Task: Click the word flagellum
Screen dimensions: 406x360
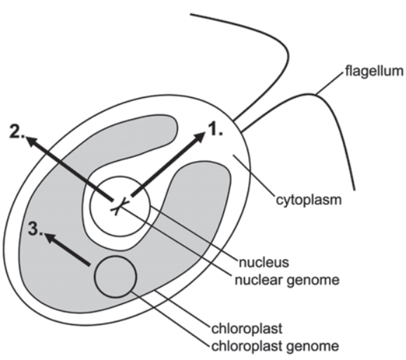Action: coord(374,71)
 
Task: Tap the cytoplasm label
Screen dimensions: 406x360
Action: coord(309,200)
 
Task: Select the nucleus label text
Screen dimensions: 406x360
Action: coord(264,262)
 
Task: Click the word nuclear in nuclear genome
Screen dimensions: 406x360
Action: coord(259,279)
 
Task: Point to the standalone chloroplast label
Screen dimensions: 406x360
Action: coord(247,328)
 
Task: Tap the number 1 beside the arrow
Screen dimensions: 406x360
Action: coord(215,129)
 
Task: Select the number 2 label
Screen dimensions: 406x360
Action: coord(18,132)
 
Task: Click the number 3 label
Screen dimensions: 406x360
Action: coord(36,229)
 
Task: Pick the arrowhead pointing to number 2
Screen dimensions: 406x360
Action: coord(33,141)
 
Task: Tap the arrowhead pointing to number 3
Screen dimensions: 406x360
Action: coord(51,237)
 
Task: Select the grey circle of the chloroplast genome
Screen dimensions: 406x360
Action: coord(116,277)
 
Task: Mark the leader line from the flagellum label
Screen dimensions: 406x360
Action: coord(330,83)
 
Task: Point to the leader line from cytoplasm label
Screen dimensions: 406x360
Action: coord(255,176)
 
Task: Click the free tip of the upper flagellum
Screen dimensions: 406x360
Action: coord(191,14)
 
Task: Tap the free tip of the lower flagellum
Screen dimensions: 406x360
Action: coord(354,190)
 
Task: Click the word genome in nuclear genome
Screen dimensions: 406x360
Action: coord(313,280)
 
